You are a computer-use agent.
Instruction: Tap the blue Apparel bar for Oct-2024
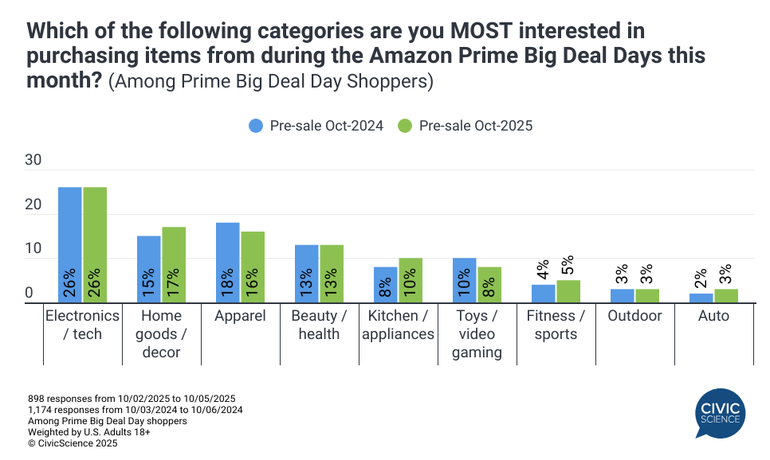pos(227,262)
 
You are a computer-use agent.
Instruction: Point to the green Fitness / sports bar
pos(568,291)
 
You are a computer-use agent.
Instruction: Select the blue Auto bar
pos(701,298)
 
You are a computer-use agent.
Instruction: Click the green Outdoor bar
pos(647,295)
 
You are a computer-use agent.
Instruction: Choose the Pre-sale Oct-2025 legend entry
pos(466,126)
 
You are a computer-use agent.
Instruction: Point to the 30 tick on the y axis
pos(33,160)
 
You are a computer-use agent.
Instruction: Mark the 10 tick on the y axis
pos(33,249)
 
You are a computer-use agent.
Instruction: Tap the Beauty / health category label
pos(319,325)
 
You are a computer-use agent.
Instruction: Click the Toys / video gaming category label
pos(477,333)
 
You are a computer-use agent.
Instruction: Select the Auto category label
pos(713,316)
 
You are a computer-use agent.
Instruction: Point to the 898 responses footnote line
pos(132,398)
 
